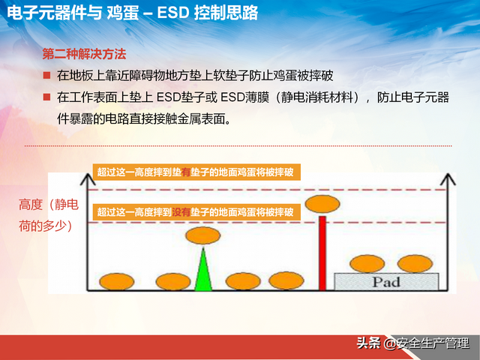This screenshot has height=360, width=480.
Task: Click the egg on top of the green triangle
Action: (202, 235)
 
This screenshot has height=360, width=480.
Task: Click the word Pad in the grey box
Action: (387, 282)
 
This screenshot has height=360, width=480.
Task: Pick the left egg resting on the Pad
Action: (367, 263)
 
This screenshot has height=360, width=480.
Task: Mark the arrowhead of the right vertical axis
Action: (449, 179)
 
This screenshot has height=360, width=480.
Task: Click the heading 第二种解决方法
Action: (84, 55)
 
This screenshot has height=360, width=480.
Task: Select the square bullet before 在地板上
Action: (46, 76)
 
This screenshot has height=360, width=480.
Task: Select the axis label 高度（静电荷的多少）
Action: (47, 215)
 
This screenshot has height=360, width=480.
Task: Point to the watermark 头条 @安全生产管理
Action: (417, 343)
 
